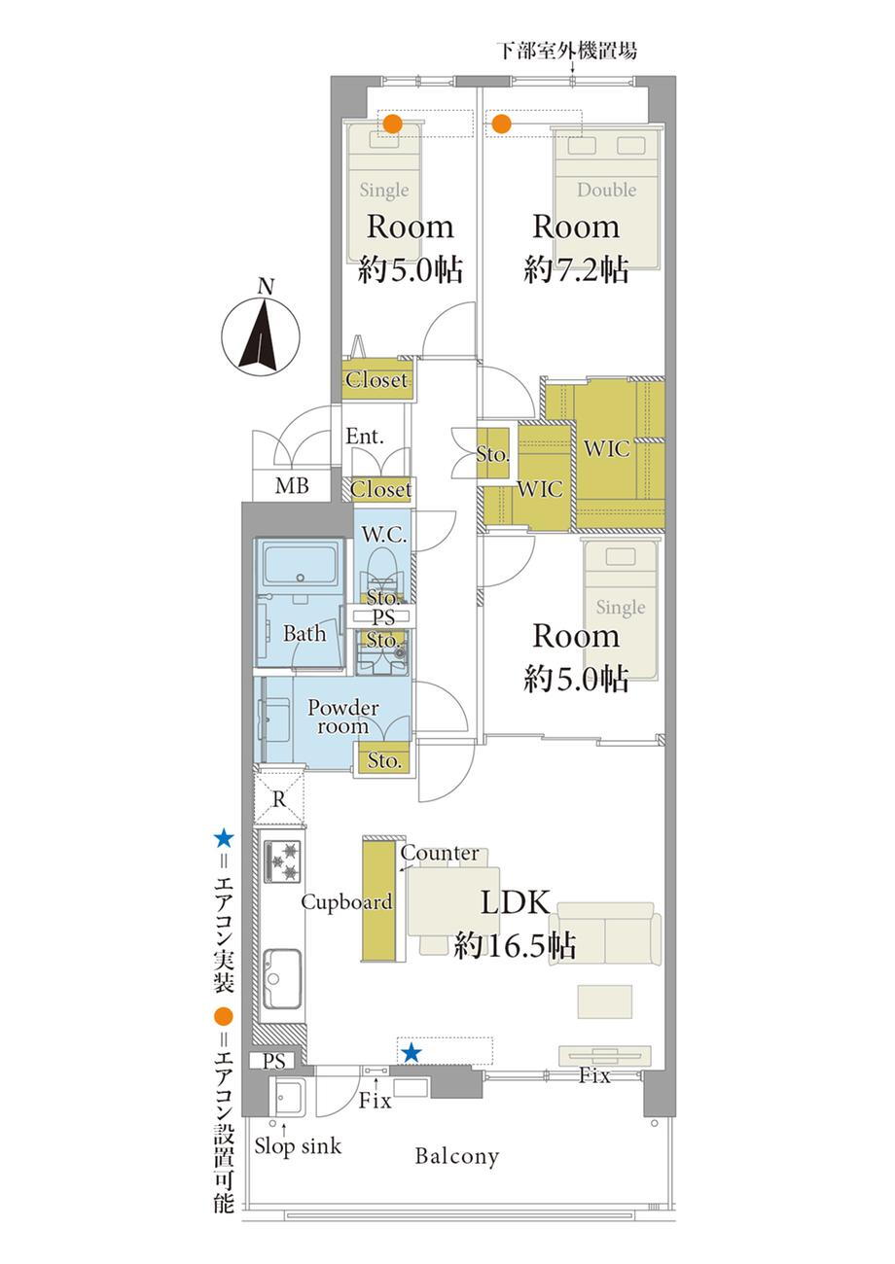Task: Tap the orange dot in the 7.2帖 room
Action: coord(501,123)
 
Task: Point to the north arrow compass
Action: coord(261,332)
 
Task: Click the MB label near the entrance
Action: coord(292,485)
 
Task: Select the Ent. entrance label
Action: coord(364,436)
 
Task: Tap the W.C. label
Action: coord(384,534)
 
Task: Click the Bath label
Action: coord(304,633)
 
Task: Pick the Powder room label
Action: coord(342,716)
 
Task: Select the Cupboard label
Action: coord(346,902)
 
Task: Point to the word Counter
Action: coord(440,853)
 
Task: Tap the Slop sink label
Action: coord(298,1145)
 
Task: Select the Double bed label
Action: coord(606,190)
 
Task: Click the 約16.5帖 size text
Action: coord(515,945)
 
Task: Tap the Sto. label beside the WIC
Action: coord(492,454)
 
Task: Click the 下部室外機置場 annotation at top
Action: coord(567,51)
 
